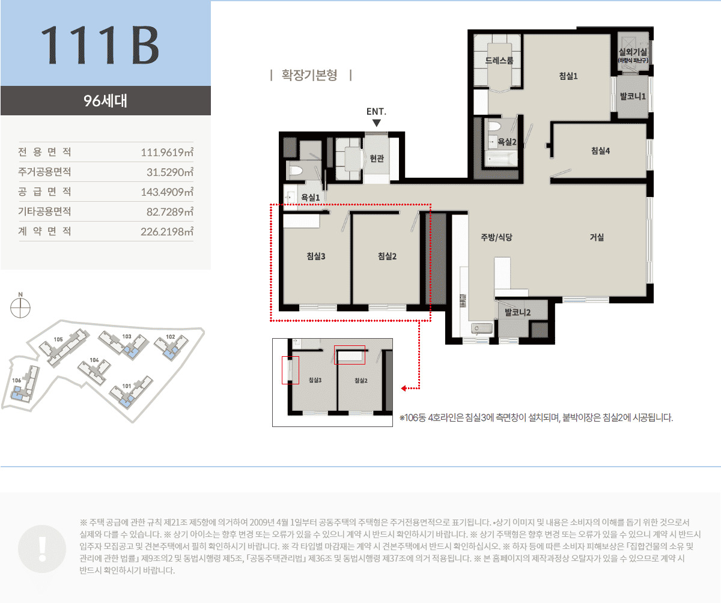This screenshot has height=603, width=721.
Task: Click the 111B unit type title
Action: point(100,46)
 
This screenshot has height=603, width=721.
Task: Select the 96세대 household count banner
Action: point(105,100)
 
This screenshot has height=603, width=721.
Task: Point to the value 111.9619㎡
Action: point(166,152)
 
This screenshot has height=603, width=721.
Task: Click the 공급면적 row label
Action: point(44,192)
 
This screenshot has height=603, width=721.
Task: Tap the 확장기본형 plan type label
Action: point(311,76)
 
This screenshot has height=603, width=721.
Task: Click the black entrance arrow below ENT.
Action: point(377,123)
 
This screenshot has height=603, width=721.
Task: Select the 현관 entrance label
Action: point(377,159)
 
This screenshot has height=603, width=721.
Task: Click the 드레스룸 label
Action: point(499,61)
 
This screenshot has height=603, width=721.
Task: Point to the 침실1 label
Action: point(568,76)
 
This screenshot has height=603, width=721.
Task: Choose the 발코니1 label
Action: point(633,97)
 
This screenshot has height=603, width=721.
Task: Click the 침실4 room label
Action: point(600,151)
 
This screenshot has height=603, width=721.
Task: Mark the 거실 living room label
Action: point(597,237)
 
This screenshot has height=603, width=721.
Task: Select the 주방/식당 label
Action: point(496,237)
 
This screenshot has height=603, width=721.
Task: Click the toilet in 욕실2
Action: point(494,127)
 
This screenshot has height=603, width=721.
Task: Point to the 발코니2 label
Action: point(517,312)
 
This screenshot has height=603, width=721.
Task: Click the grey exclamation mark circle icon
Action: point(42,547)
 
